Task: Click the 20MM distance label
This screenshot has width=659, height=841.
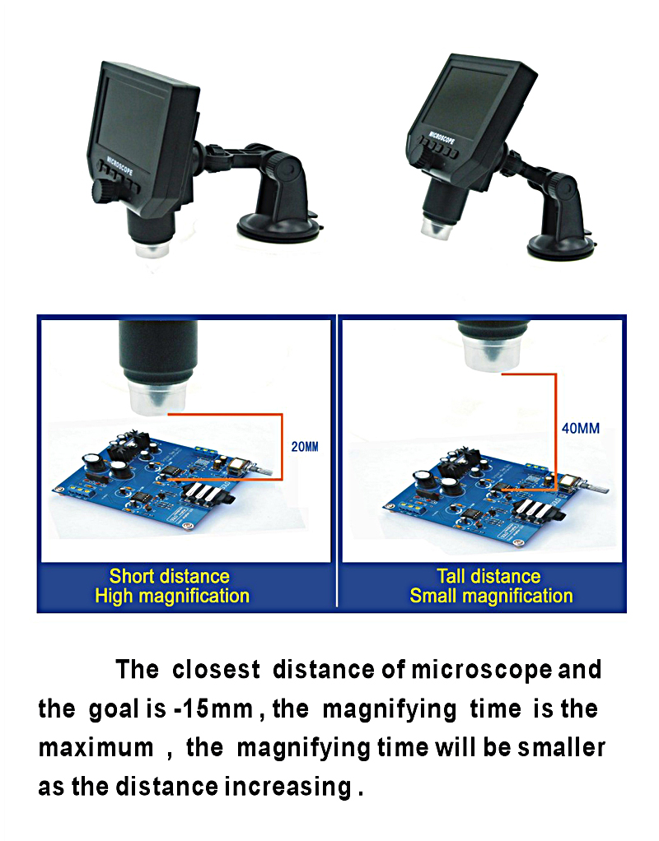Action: tap(305, 446)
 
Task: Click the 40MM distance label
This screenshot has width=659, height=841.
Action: tap(581, 428)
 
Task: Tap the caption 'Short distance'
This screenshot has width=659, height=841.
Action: tap(169, 576)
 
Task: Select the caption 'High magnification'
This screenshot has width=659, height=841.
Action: tap(172, 597)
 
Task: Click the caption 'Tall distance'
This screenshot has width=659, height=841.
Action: tap(488, 576)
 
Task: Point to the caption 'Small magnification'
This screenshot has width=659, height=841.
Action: tap(492, 597)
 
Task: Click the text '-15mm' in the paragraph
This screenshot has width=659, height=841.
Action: tap(213, 709)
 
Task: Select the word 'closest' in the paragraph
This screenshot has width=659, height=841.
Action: tap(216, 669)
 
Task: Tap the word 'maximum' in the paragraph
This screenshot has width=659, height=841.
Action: tap(96, 748)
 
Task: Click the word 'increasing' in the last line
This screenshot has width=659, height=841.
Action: tap(287, 788)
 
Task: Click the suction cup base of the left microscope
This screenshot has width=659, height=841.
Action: tap(279, 227)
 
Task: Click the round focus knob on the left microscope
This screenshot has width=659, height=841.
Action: tap(103, 190)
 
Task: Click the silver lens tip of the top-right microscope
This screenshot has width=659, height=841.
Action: tap(439, 227)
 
